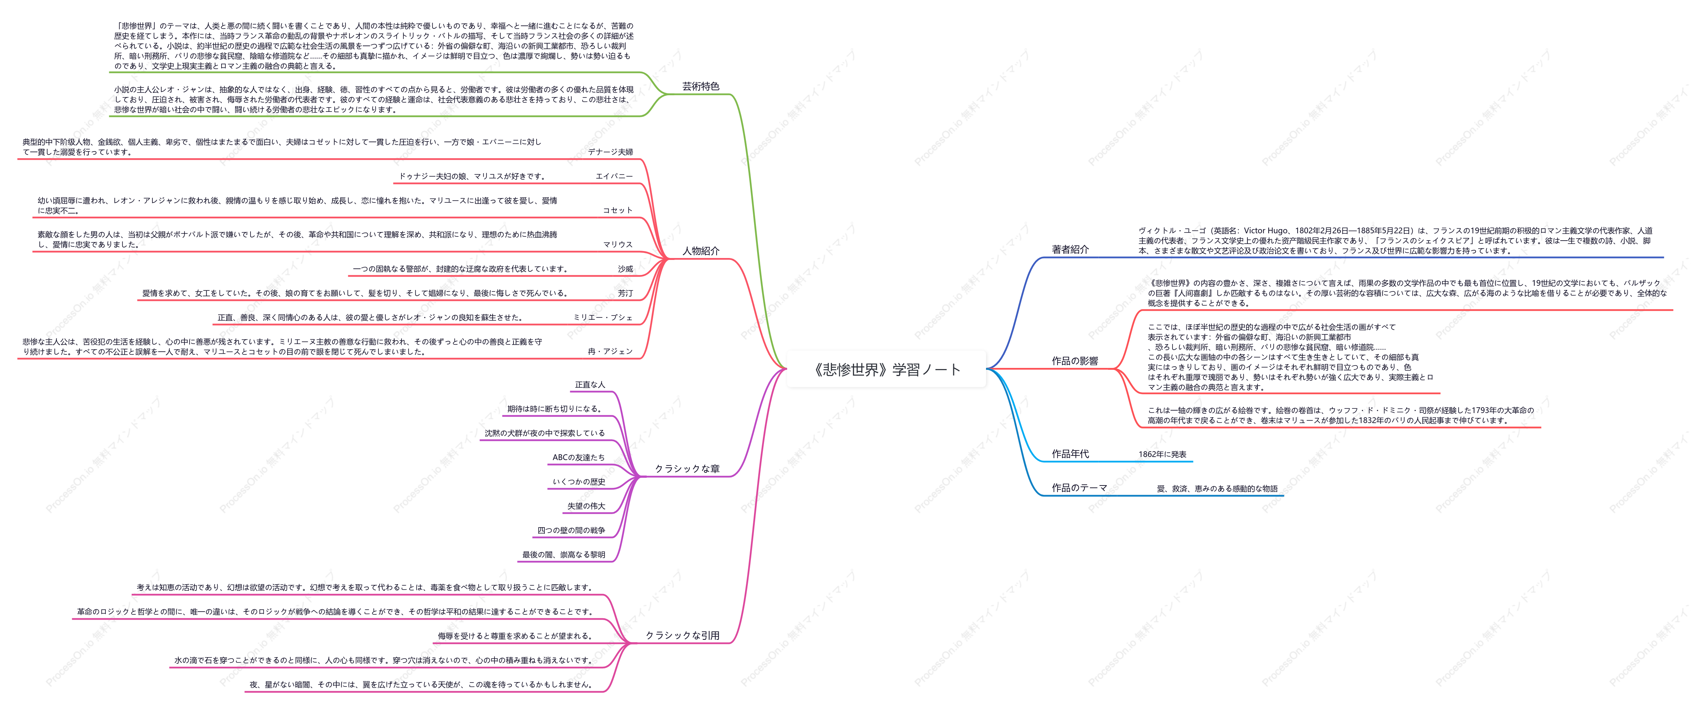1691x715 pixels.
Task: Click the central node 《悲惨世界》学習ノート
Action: tap(886, 369)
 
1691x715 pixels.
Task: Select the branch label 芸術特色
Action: tap(700, 86)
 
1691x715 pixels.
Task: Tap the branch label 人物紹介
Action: tap(700, 251)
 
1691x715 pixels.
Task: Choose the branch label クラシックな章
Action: tap(687, 468)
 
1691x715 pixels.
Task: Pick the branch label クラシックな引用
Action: tap(682, 635)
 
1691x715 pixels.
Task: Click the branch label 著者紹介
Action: tap(1070, 249)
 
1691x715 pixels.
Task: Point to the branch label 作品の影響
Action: tap(1074, 361)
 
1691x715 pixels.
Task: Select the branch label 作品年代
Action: tap(1070, 454)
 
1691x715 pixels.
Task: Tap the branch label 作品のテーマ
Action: tap(1079, 487)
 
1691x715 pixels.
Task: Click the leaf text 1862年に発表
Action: tap(1162, 454)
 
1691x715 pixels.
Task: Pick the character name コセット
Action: tap(618, 210)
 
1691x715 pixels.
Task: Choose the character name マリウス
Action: tap(618, 244)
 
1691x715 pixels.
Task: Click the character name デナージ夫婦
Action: tap(610, 152)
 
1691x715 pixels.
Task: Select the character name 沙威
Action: tap(625, 268)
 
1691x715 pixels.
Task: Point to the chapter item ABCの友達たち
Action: tap(578, 457)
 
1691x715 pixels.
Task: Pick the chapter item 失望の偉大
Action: tap(586, 506)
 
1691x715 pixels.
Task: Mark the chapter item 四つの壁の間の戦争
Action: tap(571, 530)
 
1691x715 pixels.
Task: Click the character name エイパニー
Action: tap(614, 176)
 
